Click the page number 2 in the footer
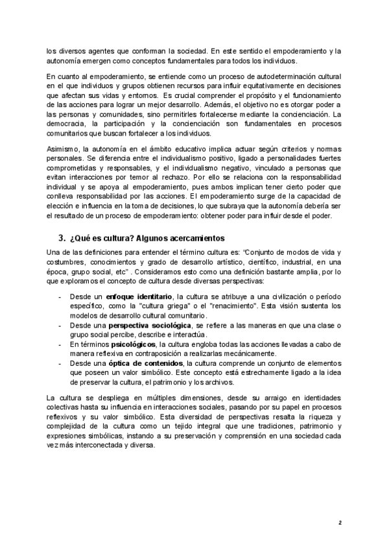pyautogui.click(x=340, y=521)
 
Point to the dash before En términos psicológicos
pyautogui.click(x=60, y=343)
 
